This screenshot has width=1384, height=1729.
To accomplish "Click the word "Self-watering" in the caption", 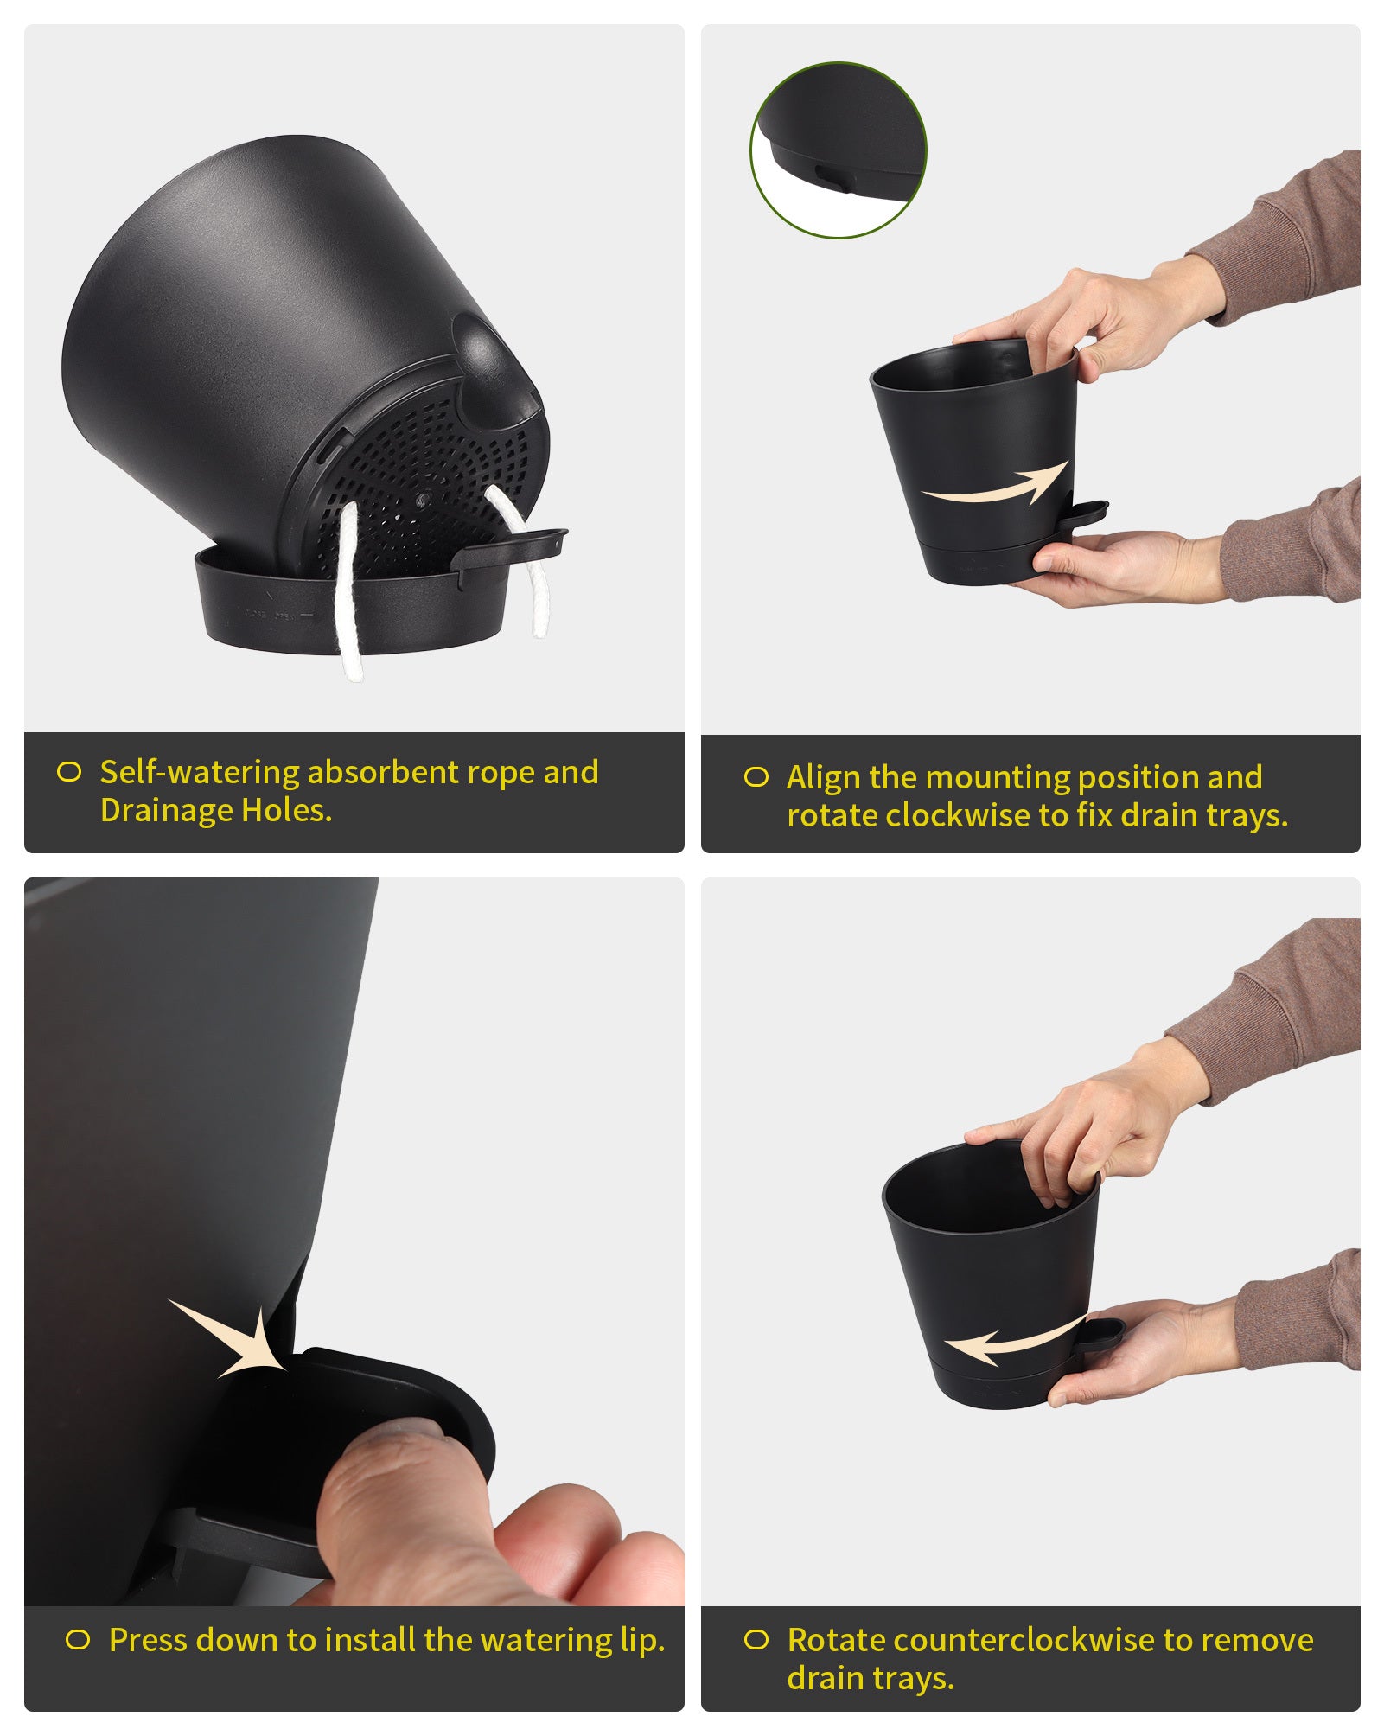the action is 200,772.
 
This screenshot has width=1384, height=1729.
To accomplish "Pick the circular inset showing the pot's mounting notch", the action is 838,150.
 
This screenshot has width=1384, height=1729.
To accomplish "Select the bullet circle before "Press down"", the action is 78,1640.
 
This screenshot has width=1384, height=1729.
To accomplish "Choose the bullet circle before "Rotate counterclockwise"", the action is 756,1640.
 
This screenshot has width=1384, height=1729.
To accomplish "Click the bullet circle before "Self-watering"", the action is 69,772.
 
